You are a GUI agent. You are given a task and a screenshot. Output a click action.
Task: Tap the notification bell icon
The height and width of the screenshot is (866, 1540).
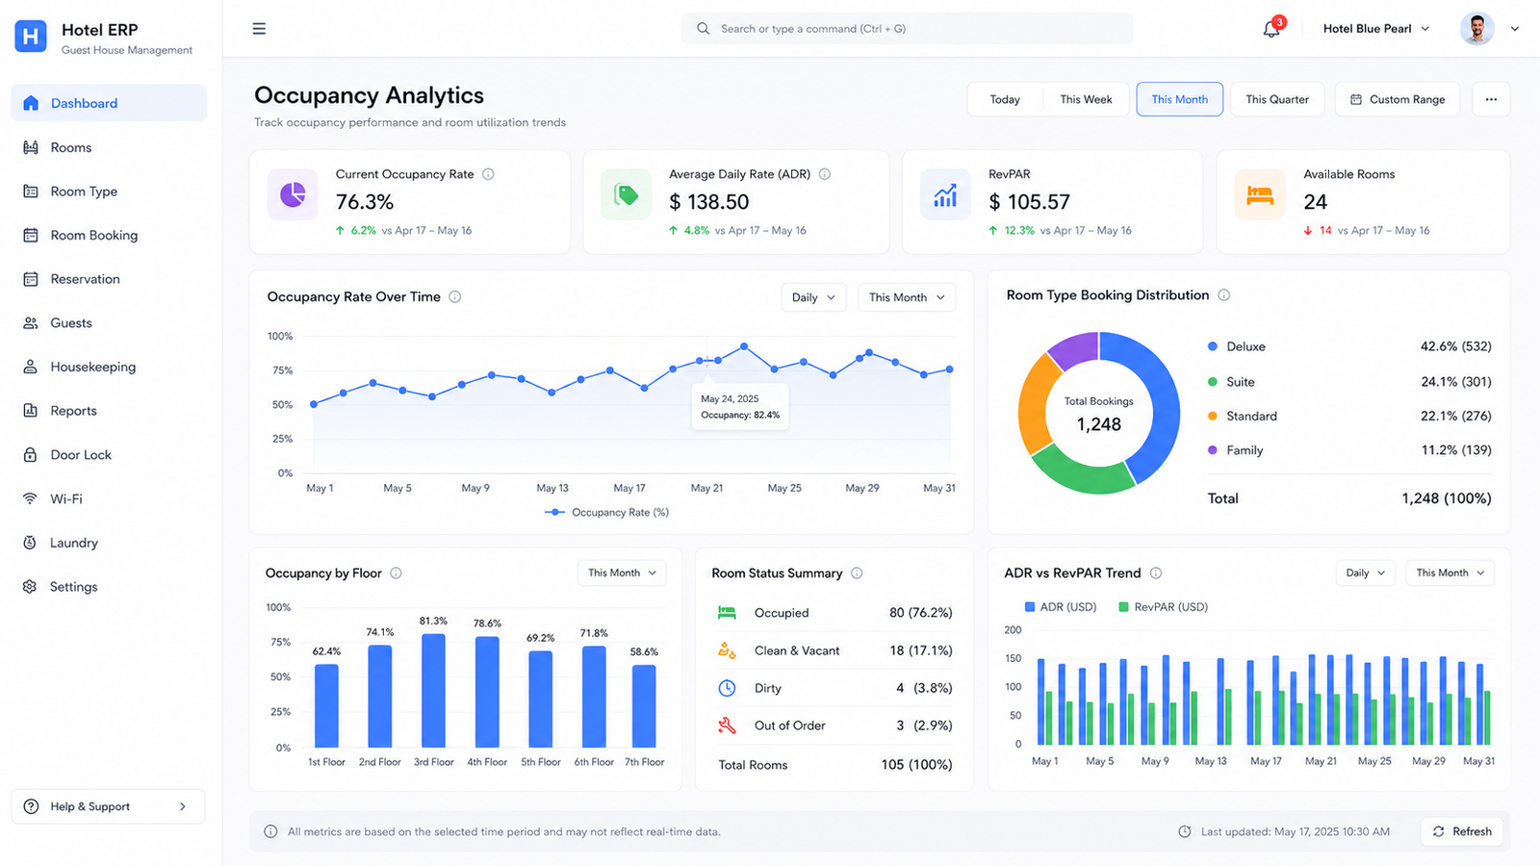(x=1271, y=29)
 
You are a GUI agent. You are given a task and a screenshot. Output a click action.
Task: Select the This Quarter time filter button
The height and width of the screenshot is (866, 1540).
(x=1276, y=100)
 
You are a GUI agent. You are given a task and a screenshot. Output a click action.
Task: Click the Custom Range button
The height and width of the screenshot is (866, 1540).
(x=1397, y=100)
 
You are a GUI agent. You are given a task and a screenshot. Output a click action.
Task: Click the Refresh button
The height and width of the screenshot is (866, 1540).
(x=1462, y=831)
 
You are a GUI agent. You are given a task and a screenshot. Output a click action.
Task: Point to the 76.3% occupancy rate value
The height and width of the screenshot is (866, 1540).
(x=365, y=202)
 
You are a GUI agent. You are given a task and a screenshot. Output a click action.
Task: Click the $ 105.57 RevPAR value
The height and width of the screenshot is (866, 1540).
(x=1029, y=202)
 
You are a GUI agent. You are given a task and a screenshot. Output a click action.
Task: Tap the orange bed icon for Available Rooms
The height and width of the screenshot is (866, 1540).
(x=1260, y=194)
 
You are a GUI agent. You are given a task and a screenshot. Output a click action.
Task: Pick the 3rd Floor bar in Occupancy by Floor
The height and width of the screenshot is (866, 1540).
(x=433, y=690)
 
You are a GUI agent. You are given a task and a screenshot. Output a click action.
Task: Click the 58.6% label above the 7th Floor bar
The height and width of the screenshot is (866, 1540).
(x=644, y=651)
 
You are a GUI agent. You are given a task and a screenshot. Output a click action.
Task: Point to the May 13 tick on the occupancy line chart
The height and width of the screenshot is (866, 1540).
(x=552, y=488)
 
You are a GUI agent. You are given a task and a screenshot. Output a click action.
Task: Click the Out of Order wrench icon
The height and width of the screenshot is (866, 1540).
(x=727, y=726)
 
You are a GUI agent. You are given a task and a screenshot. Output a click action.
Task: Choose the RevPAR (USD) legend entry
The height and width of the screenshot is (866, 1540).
(x=1164, y=607)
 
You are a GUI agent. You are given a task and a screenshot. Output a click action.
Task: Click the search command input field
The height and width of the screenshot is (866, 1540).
(x=908, y=29)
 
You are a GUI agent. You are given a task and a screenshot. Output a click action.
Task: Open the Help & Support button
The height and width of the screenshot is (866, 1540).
(x=108, y=806)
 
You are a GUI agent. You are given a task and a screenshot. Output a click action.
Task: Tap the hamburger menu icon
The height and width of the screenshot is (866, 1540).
(x=259, y=29)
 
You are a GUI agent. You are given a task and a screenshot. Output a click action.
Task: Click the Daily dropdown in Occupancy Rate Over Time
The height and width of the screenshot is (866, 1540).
(x=813, y=297)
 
